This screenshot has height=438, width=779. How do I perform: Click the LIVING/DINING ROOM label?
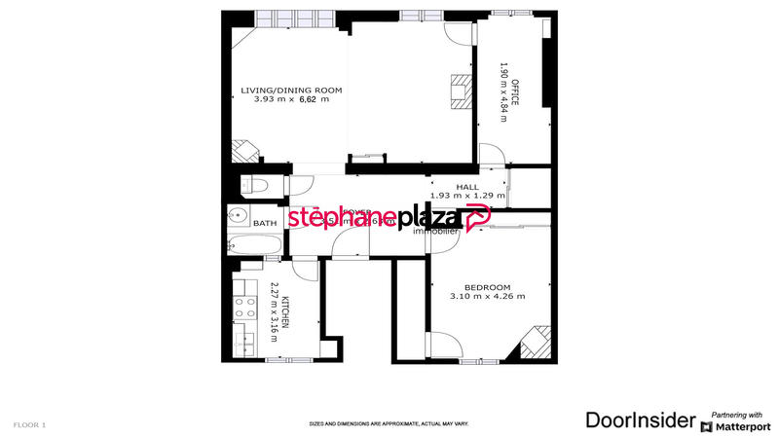[x=292, y=90]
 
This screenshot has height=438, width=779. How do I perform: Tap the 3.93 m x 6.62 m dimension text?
[x=292, y=99]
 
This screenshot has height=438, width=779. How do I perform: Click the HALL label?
[x=467, y=186]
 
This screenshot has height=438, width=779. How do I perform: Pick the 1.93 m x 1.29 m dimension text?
[x=467, y=196]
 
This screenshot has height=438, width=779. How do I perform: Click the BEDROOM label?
[x=487, y=286]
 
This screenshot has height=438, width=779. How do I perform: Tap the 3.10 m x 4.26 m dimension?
[x=487, y=296]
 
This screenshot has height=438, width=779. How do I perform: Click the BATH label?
[x=265, y=224]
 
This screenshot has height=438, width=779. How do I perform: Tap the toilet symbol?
[x=253, y=185]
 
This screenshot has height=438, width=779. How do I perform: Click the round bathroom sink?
[x=235, y=216]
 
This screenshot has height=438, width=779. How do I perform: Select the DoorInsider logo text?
[x=641, y=420]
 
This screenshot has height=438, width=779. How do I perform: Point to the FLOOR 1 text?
[x=29, y=425]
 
